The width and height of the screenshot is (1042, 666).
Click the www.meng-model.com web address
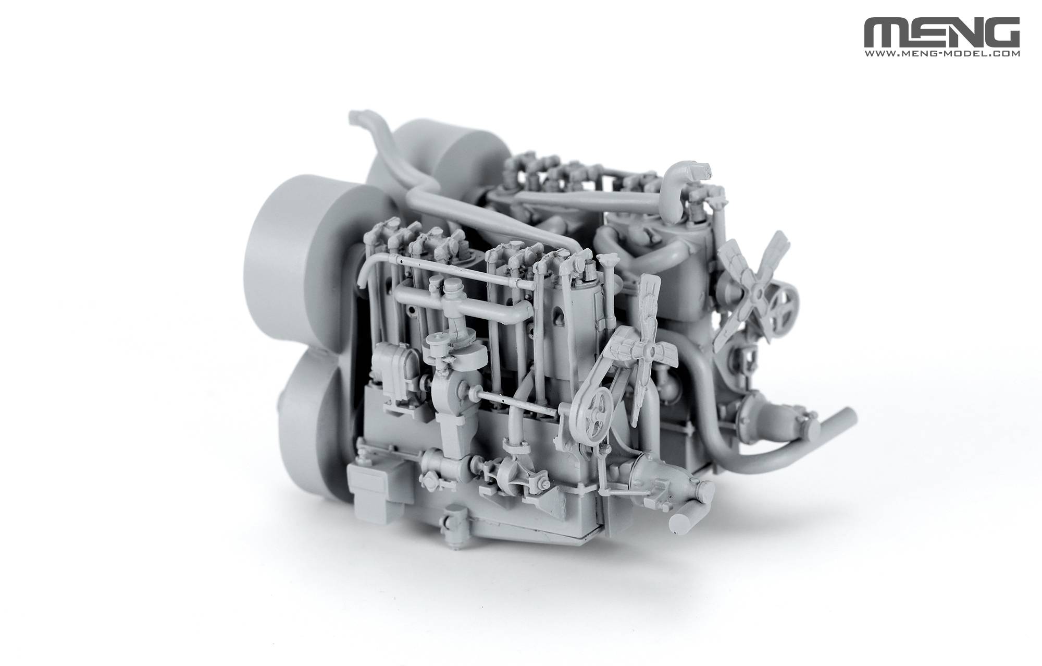(942, 53)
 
